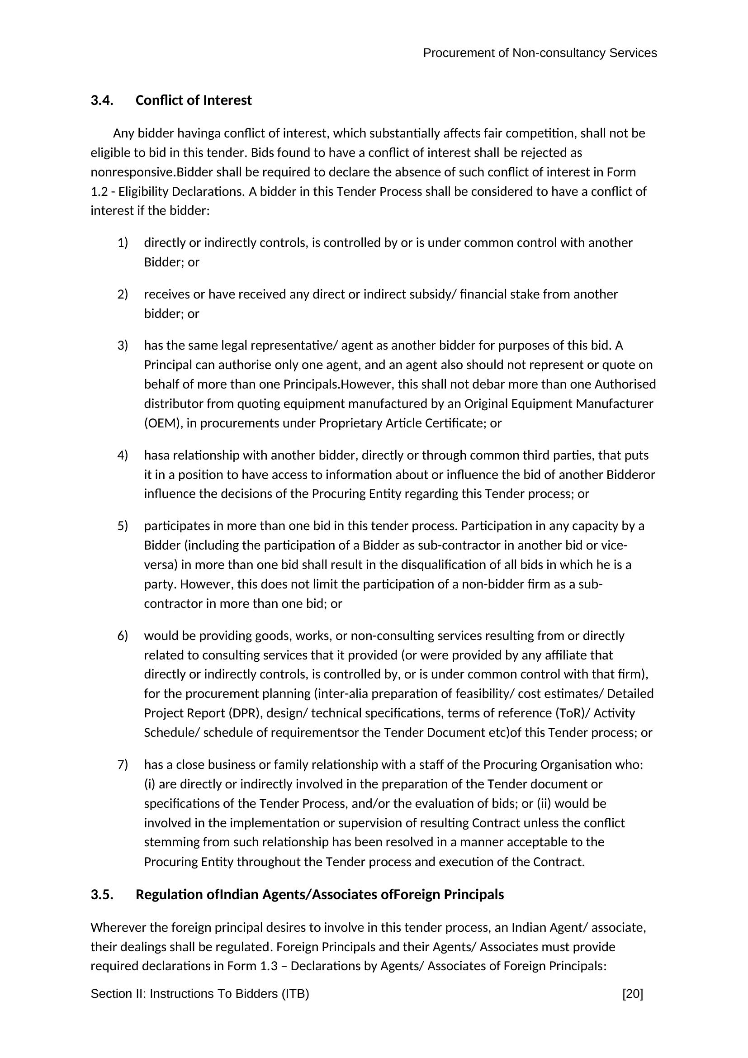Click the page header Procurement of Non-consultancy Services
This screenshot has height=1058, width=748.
[x=540, y=53]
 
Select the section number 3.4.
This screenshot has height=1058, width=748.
[x=102, y=100]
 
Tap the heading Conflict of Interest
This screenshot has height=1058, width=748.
[x=194, y=100]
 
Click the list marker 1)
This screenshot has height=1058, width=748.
[x=123, y=243]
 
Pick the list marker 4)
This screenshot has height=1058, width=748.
[x=123, y=455]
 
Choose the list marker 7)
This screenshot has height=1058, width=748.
[x=123, y=765]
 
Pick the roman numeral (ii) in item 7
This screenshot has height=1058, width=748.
[x=544, y=804]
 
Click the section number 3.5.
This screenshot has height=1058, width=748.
[x=102, y=895]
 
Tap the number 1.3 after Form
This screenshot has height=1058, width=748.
[x=269, y=966]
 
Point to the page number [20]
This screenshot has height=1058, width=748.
[x=632, y=994]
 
